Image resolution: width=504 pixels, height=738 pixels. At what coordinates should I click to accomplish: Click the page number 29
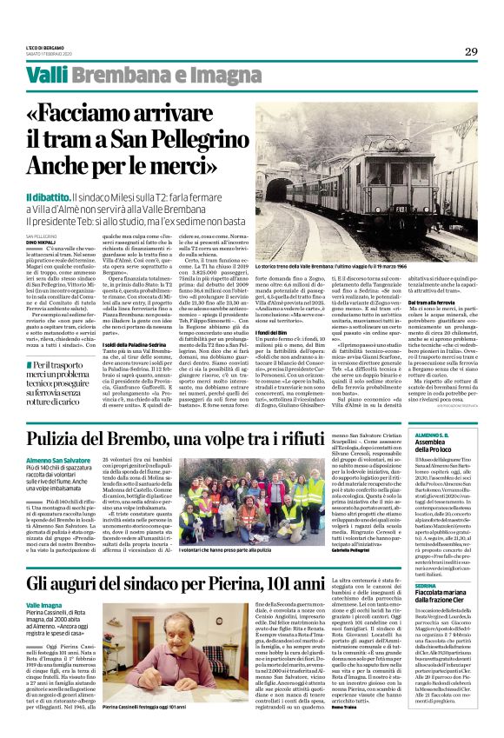(471, 51)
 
